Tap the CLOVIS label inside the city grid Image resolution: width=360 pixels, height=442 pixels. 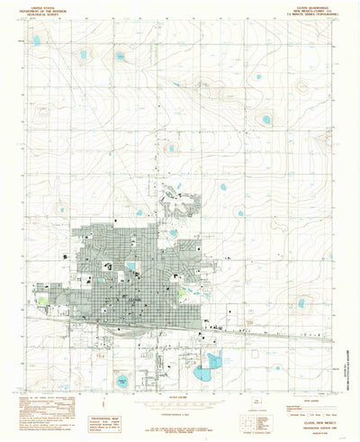(136, 296)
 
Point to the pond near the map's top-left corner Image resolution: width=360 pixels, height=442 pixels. (37, 41)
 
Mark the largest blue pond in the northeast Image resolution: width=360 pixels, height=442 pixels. (265, 119)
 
